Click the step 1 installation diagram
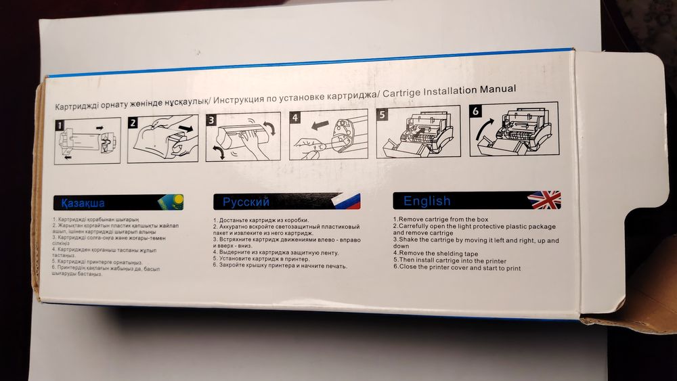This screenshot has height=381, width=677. pyautogui.click(x=87, y=141)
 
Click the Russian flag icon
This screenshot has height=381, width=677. pyautogui.click(x=347, y=201)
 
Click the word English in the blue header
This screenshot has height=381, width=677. pyautogui.click(x=427, y=200)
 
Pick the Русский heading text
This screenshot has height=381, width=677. pyautogui.click(x=246, y=202)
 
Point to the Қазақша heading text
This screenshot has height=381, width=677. pyautogui.click(x=83, y=203)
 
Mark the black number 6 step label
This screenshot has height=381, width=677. pyautogui.click(x=477, y=111)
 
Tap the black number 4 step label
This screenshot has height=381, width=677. pyautogui.click(x=295, y=117)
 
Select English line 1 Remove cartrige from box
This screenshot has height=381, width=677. pyautogui.click(x=440, y=220)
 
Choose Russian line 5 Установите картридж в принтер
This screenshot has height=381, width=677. pyautogui.click(x=261, y=259)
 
